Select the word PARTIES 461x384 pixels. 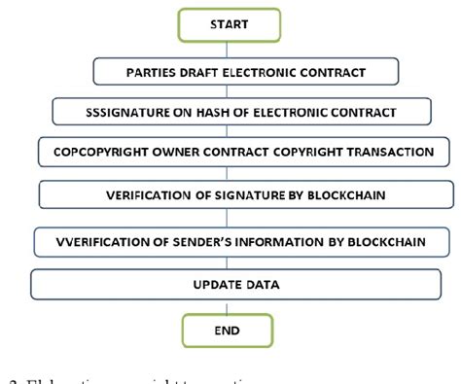(156, 72)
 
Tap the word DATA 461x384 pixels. (260, 285)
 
